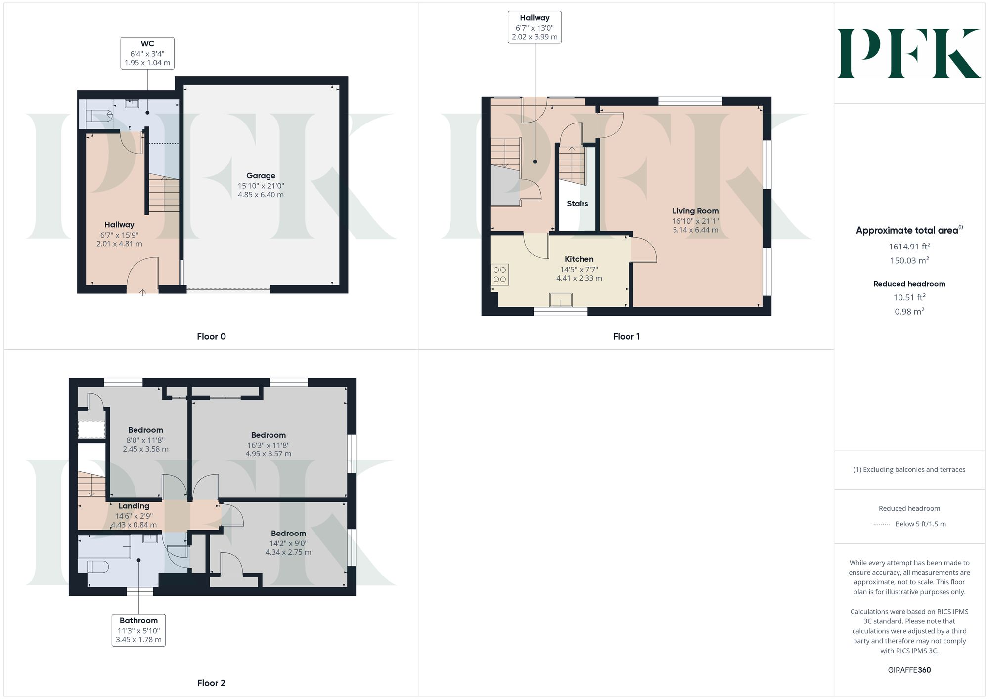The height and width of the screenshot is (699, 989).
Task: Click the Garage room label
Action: (261, 176)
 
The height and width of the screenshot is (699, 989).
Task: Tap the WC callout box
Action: (147, 53)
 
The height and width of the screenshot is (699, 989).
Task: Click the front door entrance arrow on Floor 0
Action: (142, 293)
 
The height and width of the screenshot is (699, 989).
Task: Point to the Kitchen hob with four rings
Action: (500, 275)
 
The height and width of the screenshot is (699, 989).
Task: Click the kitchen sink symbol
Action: (561, 300)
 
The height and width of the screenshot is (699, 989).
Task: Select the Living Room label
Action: (695, 211)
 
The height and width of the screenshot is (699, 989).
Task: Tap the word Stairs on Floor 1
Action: (577, 204)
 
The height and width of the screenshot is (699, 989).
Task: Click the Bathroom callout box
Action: (138, 630)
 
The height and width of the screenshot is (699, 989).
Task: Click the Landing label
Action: (134, 506)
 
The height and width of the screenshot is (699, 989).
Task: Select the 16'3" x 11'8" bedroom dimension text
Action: (268, 445)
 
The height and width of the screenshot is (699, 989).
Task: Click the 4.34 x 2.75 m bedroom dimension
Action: (288, 552)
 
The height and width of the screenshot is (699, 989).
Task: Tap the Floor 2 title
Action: (211, 683)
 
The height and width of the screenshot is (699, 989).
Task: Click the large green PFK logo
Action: (909, 53)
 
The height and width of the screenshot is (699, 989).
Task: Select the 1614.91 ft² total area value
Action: (909, 247)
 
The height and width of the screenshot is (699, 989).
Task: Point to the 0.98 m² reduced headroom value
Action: (909, 312)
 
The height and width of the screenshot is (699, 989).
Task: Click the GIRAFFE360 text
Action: (909, 670)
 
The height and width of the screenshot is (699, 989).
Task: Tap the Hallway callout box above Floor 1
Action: (535, 28)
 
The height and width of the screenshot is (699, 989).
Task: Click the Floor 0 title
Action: (211, 337)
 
